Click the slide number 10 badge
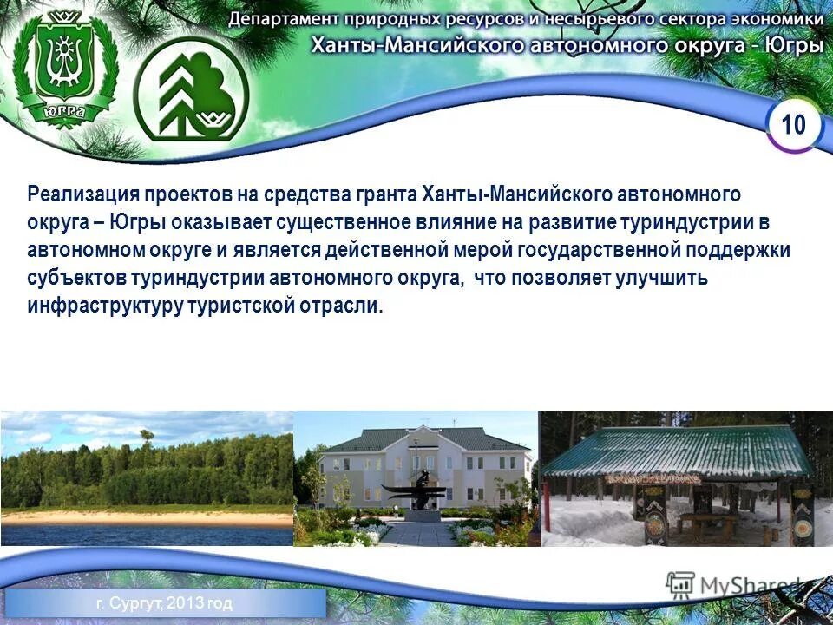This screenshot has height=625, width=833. [x=793, y=125]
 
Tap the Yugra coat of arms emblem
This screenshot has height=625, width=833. [x=65, y=74]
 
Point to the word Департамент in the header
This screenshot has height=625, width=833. [x=285, y=19]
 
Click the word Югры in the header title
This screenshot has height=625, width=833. [x=795, y=44]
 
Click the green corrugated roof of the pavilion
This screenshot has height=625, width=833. [x=677, y=450]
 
